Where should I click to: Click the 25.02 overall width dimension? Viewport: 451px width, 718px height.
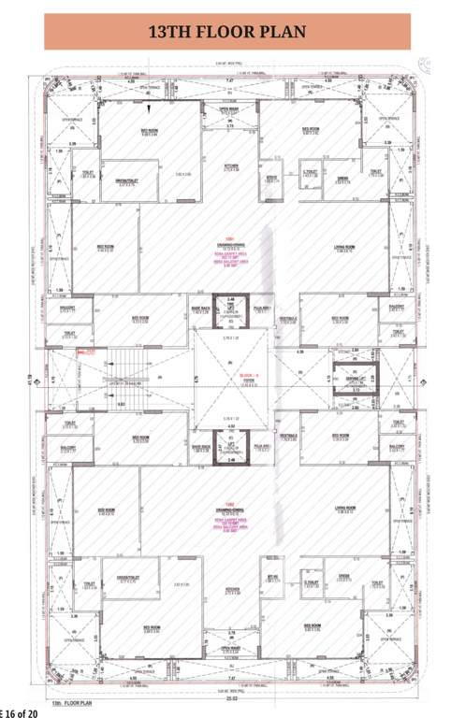point(228,696)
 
